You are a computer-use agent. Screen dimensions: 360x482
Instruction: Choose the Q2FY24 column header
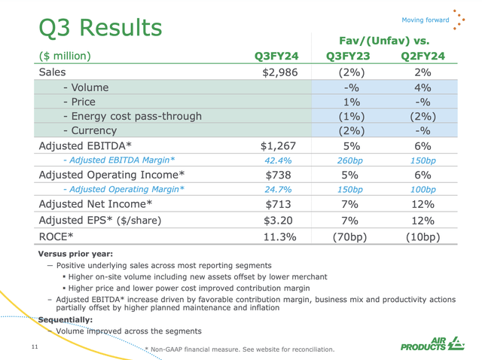422,55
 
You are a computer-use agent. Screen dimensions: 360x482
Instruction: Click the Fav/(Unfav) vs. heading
384,39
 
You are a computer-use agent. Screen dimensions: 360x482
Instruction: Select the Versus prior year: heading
72,255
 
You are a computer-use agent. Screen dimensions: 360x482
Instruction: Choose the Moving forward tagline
425,20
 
